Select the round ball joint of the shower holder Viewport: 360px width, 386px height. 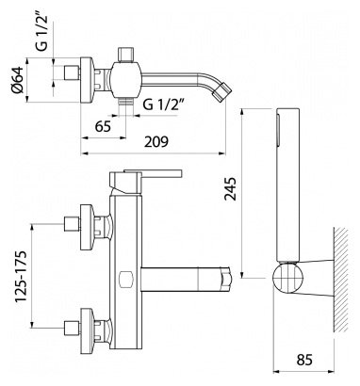[289, 279]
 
